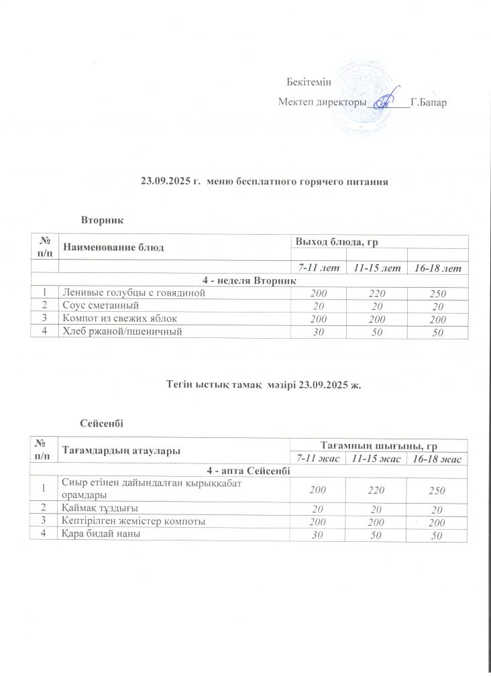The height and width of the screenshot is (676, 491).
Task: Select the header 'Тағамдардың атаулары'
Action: click(x=121, y=451)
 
